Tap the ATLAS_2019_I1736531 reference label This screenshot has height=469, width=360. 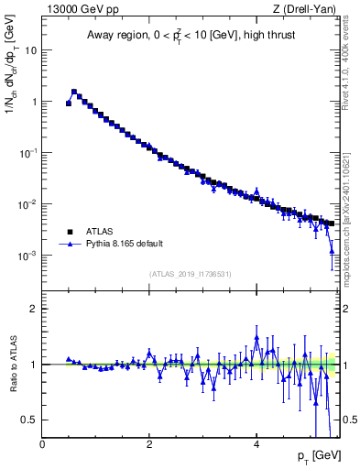click(x=191, y=274)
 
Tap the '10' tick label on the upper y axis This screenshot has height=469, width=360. click(x=31, y=50)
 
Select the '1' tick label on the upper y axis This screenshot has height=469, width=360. click(x=34, y=102)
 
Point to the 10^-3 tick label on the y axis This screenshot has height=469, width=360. click(x=28, y=255)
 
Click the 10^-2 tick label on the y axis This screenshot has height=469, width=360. click(x=28, y=203)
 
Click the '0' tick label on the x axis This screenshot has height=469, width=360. click(x=42, y=444)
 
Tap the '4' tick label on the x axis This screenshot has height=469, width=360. click(x=256, y=444)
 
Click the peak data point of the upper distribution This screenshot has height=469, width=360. click(x=74, y=92)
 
